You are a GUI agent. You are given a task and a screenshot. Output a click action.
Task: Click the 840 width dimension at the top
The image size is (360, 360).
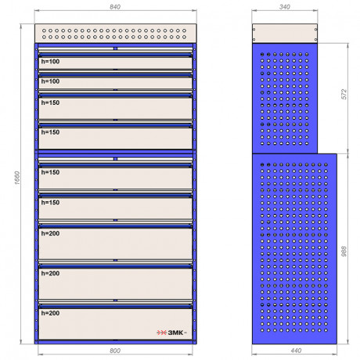click(x=115, y=7)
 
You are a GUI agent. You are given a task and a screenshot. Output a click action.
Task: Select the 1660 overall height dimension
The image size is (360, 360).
click(x=17, y=178)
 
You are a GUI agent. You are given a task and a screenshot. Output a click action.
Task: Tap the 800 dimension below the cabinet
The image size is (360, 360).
click(x=115, y=351)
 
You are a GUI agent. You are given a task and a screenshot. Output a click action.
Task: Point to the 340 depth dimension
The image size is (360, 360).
click(x=285, y=7)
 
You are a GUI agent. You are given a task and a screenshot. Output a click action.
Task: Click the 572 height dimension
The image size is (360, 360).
click(x=344, y=94)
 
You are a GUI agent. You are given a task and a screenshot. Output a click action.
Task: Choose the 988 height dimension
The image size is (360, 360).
click(x=344, y=251)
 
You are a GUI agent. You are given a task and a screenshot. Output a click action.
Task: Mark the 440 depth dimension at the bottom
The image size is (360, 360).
click(x=296, y=351)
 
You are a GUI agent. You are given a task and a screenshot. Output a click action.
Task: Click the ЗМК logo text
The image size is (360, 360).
click(x=175, y=333)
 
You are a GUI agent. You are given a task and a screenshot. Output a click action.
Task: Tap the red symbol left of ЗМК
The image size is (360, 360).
click(x=161, y=333)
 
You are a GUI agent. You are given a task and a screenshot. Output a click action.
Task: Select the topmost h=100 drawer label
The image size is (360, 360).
click(x=50, y=62)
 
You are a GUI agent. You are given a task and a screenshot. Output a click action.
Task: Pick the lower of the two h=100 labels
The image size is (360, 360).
click(x=50, y=81)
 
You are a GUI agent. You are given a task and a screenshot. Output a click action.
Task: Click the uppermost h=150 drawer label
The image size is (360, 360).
click(x=50, y=103)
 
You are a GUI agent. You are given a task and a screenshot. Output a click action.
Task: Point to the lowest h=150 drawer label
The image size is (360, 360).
click(x=50, y=203)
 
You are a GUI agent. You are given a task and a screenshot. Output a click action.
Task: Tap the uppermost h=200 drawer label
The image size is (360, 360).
click(x=50, y=233)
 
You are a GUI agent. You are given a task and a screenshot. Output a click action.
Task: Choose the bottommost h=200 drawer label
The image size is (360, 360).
click(x=50, y=313)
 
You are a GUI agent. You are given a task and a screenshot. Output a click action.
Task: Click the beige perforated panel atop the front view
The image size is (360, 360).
click(x=115, y=34)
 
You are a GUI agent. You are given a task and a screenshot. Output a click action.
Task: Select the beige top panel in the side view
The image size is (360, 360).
click(x=285, y=33)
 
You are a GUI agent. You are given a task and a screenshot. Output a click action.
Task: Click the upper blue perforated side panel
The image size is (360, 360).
click(x=285, y=99)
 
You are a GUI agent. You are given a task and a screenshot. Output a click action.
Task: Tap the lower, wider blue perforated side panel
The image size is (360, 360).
click(x=294, y=249)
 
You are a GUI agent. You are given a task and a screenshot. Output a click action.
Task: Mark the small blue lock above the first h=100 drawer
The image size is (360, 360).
click(x=115, y=49)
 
